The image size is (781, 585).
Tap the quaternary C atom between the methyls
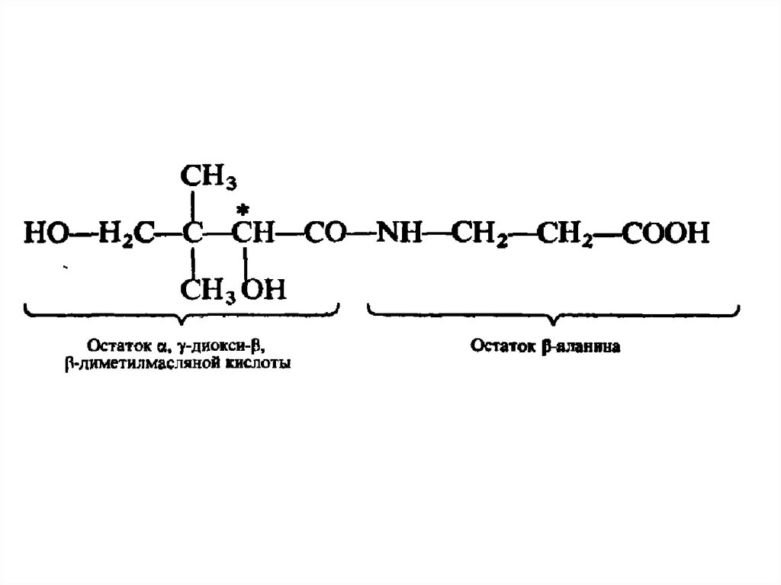coord(194,233)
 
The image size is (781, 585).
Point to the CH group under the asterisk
coord(254,233)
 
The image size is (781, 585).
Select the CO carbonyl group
coord(324,233)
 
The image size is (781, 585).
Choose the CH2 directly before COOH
coord(565,233)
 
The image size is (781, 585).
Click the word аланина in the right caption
coord(595,347)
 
